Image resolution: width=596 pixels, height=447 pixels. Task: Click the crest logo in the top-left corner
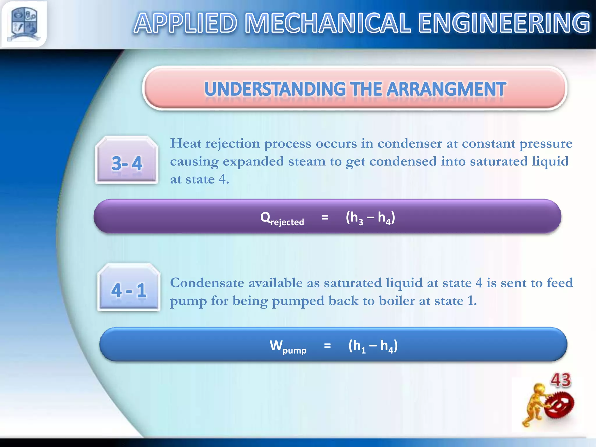coord(24,24)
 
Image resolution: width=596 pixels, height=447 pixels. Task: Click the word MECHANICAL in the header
coord(328,23)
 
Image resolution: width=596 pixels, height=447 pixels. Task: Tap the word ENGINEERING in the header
coord(504,23)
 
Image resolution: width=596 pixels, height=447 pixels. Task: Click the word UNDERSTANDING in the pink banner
coord(275,89)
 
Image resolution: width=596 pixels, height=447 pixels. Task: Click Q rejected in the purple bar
coord(281,218)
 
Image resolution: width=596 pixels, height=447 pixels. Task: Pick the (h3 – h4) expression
coord(370,218)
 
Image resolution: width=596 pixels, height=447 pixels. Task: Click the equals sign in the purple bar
coord(325,217)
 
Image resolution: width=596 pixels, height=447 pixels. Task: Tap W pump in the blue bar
coord(288,346)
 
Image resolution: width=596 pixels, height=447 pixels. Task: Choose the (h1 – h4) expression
coord(373,346)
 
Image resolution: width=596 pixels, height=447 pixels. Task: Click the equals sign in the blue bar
coord(327,346)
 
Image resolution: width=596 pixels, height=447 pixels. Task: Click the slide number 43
coord(560,380)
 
